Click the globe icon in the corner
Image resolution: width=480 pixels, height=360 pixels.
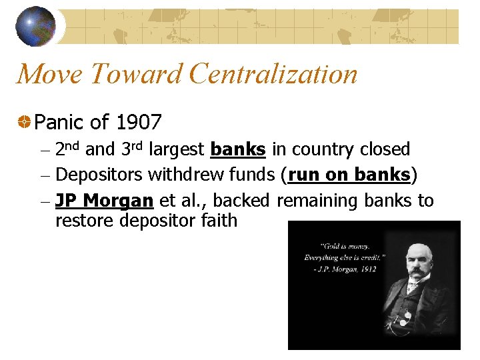35,27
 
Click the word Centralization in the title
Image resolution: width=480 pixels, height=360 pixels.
273,74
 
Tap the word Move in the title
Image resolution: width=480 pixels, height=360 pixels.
47,74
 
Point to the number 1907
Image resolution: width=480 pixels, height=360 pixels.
138,122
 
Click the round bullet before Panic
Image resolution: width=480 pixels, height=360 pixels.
24,123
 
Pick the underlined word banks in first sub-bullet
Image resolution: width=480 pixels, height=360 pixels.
238,149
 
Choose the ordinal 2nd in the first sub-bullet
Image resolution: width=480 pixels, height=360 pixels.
69,149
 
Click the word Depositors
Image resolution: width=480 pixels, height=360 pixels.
99,175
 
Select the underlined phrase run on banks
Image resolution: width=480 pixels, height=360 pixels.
349,175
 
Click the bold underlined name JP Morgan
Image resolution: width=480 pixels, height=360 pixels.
105,200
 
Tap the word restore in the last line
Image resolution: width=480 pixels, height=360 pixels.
85,220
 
